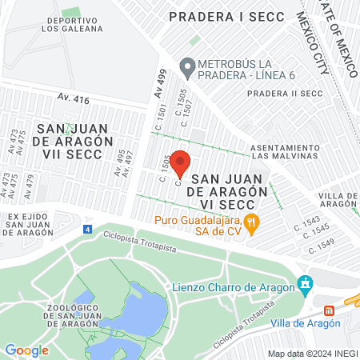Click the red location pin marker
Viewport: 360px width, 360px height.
pyautogui.click(x=180, y=163)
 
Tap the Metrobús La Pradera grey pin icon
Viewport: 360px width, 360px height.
pyautogui.click(x=187, y=68)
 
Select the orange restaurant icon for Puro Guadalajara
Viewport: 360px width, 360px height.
pyautogui.click(x=251, y=223)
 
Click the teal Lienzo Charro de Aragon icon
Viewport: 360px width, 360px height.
pyautogui.click(x=304, y=283)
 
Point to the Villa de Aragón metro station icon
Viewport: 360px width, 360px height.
pyautogui.click(x=329, y=311)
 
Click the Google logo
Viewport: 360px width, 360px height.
pyautogui.click(x=26, y=350)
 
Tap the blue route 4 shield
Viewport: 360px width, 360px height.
pyautogui.click(x=87, y=230)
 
